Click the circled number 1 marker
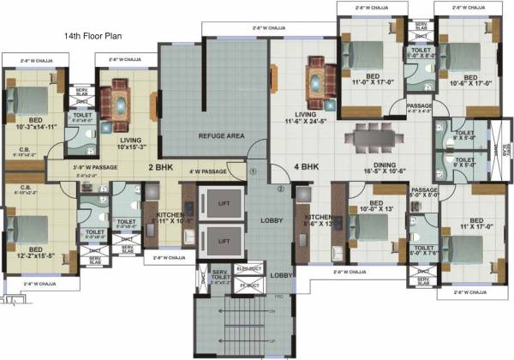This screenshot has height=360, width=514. click(x=253, y=171)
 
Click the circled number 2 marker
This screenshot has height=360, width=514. click(x=280, y=189)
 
